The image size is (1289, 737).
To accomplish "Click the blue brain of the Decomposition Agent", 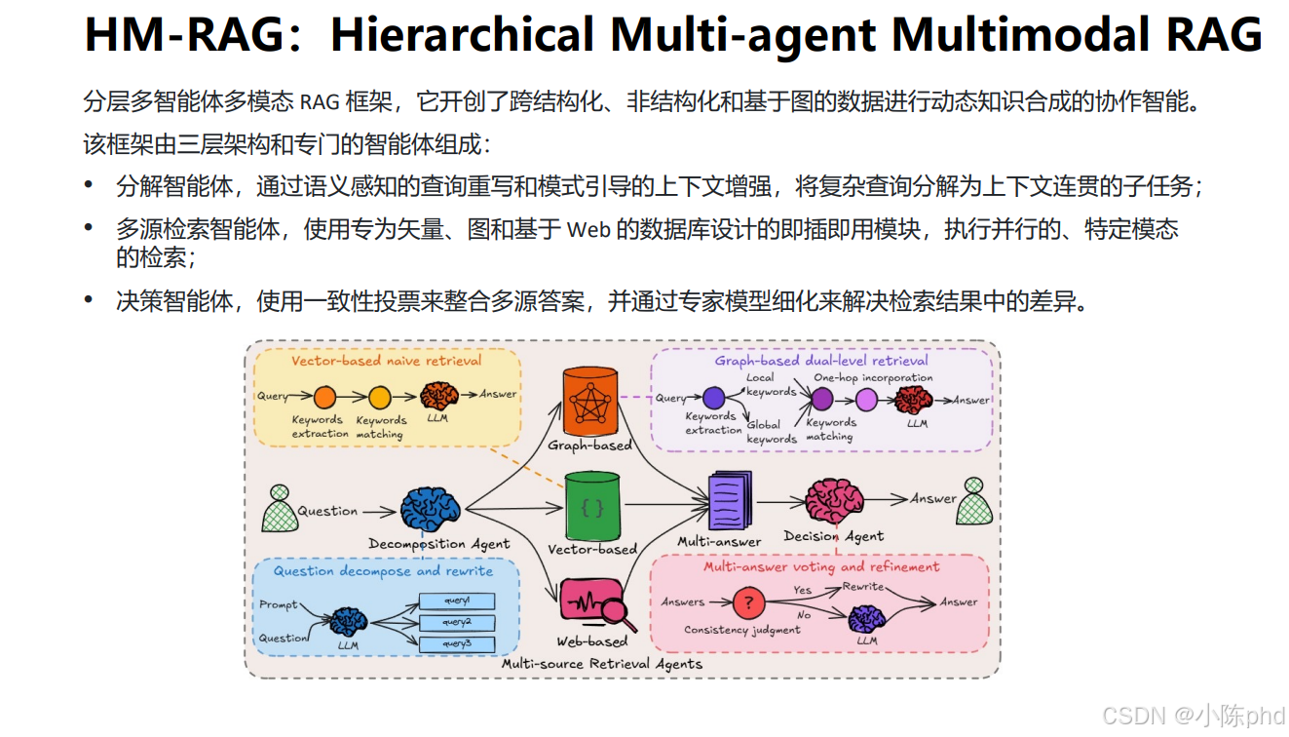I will [x=430, y=509].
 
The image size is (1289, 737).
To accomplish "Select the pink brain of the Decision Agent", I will [x=834, y=500].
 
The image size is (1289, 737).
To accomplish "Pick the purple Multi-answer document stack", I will [x=729, y=501].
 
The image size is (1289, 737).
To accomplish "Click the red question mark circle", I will [x=748, y=602].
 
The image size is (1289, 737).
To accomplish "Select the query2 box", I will [x=456, y=622].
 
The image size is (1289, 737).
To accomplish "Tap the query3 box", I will [x=456, y=643].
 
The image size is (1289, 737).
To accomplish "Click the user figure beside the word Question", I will [x=280, y=508].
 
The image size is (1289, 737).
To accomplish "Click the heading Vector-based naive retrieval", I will [x=386, y=361].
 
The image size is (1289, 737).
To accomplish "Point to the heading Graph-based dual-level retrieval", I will [x=821, y=361].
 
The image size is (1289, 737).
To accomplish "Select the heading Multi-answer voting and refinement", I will [x=821, y=566].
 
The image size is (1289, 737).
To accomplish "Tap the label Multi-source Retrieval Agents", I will [x=601, y=664].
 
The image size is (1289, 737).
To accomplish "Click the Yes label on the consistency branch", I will [x=802, y=590].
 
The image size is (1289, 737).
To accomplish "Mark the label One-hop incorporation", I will [x=873, y=377].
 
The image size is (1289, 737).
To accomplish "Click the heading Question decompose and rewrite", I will [x=383, y=571].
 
